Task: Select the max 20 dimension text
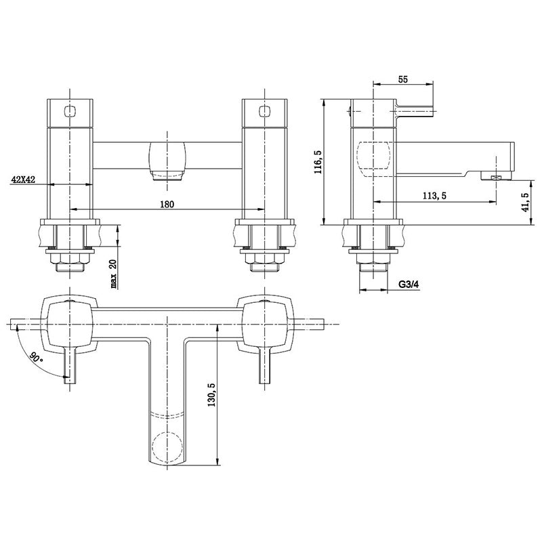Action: [x=112, y=272]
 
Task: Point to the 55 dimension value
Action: [x=403, y=79]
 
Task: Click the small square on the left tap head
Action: [x=68, y=110]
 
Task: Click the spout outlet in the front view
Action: [x=167, y=177]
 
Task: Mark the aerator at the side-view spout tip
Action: [x=494, y=178]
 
